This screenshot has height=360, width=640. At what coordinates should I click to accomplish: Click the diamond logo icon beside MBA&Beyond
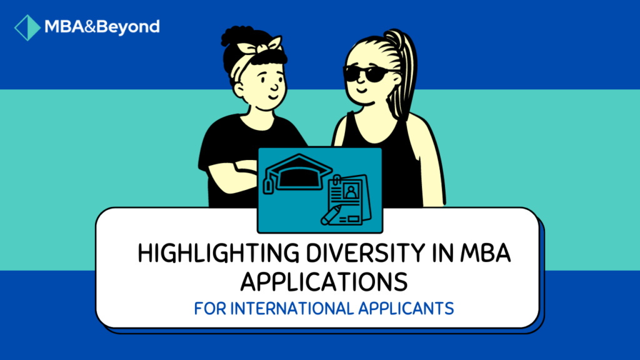pyautogui.click(x=27, y=27)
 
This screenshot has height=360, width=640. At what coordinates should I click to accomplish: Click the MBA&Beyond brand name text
pyautogui.click(x=102, y=27)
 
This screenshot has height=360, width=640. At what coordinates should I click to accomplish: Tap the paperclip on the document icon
pyautogui.click(x=336, y=182)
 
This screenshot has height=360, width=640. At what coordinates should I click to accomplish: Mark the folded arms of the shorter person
pyautogui.click(x=234, y=172)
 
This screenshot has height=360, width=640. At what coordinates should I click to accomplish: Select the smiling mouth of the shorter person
pyautogui.click(x=273, y=99)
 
